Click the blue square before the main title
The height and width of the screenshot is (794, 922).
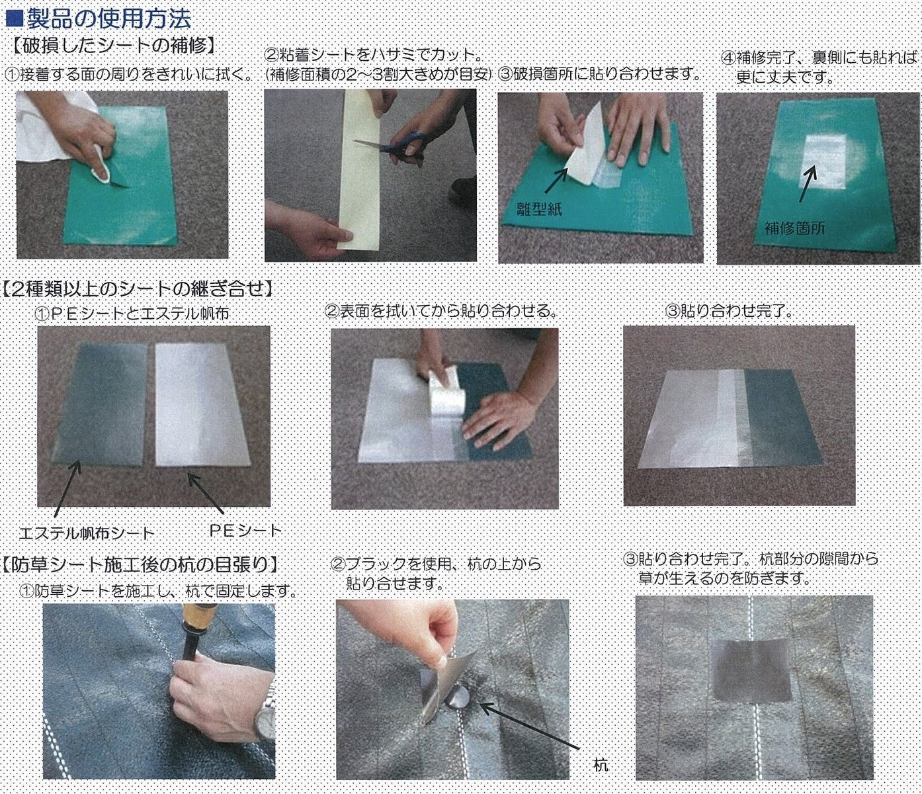[x=15, y=19]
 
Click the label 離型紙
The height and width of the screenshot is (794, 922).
[x=539, y=208]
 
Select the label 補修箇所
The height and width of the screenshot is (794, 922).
[x=794, y=228]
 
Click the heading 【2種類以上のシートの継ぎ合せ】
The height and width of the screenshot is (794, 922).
[x=138, y=289]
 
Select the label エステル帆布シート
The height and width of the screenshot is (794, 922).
[x=87, y=532]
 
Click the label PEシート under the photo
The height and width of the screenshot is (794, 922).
[x=246, y=530]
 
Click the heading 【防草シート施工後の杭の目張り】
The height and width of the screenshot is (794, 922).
[x=141, y=564]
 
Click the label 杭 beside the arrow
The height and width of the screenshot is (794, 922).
[x=601, y=766]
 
